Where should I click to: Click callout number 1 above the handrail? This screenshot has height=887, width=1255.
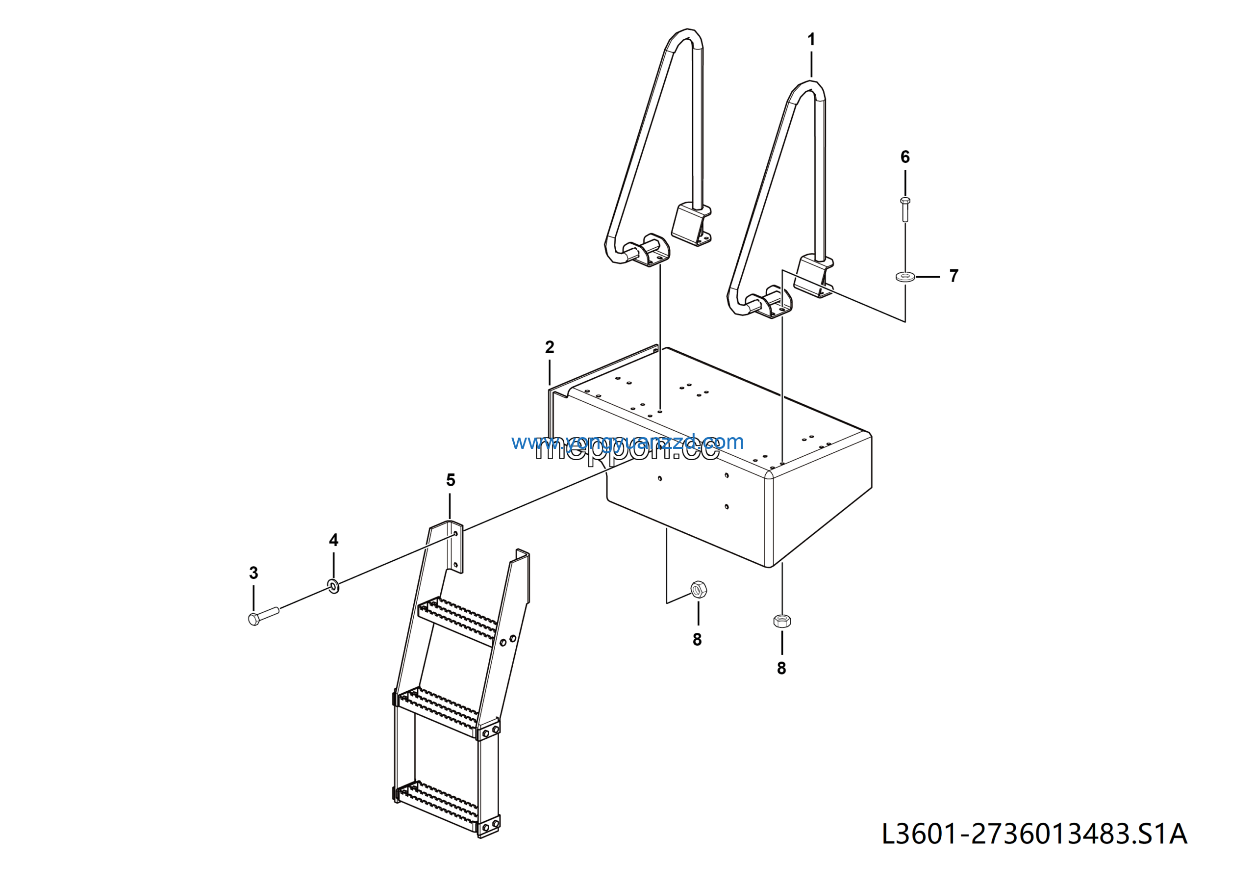coord(811,39)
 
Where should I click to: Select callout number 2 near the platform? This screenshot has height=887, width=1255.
coord(550,347)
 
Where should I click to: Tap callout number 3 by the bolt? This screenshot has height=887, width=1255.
coord(253,573)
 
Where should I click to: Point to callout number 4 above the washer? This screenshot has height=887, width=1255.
coord(333,540)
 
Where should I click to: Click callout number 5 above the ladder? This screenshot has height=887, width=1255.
coord(451,480)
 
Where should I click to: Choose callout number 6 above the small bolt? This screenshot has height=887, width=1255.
coord(905,157)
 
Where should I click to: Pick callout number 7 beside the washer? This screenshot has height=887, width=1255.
coord(954,276)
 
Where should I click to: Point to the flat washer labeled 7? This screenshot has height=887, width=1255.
coord(906,277)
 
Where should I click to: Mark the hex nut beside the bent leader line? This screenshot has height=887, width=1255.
coord(699,590)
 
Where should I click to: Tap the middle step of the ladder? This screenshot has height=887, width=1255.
coord(437,711)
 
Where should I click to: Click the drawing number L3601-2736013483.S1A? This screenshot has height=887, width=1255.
coord(1034,834)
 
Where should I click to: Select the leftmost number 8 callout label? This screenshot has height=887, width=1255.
coord(697,639)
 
